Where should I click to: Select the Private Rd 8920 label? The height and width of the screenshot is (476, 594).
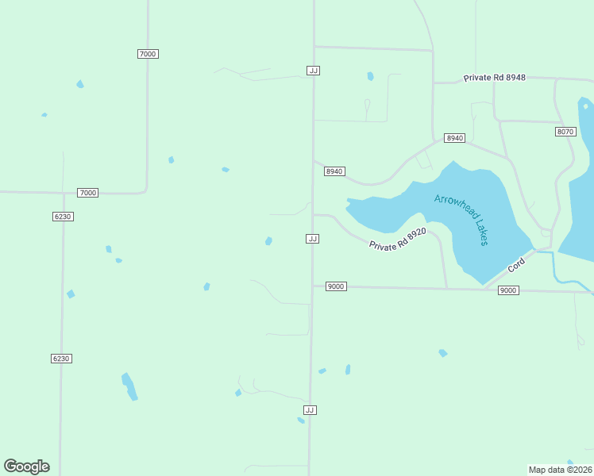(x=398, y=240)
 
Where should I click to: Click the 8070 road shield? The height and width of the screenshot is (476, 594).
(x=565, y=132)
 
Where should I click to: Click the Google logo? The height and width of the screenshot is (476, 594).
(x=26, y=466)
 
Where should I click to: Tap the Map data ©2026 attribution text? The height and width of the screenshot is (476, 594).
(x=561, y=469)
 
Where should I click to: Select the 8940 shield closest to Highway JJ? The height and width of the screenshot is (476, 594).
(x=334, y=171)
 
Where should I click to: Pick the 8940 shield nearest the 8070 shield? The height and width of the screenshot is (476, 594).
(x=454, y=138)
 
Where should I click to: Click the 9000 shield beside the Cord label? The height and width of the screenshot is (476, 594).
(x=508, y=290)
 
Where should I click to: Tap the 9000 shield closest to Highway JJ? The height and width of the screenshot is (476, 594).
(x=336, y=286)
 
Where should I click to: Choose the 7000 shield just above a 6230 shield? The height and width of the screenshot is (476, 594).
(x=87, y=193)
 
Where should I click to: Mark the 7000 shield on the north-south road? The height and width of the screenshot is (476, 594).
(x=148, y=54)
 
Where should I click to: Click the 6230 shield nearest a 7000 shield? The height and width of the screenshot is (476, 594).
(x=63, y=217)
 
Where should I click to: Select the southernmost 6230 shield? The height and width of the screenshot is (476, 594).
(x=61, y=359)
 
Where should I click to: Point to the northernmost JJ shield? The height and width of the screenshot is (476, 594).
(x=313, y=71)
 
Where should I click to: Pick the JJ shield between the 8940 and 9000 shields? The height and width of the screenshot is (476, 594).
(x=313, y=239)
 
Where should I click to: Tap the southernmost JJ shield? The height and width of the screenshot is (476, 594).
(x=310, y=410)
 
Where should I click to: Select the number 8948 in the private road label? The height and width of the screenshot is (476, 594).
(x=517, y=79)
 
